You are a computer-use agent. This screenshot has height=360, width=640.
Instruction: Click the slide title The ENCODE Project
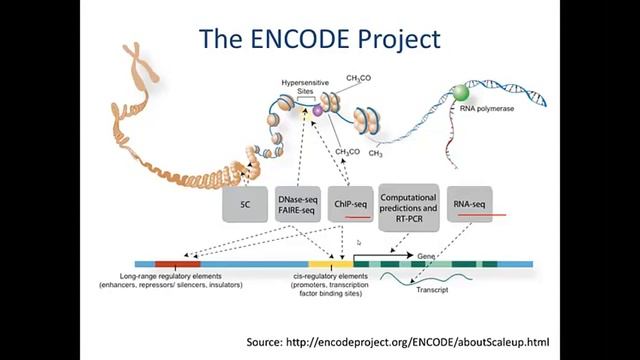tap(320, 39)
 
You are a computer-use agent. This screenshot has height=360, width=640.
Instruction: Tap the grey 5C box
tap(245, 204)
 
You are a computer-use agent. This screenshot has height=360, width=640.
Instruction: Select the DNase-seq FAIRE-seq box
tap(297, 204)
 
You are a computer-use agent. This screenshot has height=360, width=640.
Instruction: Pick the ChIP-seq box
tap(350, 204)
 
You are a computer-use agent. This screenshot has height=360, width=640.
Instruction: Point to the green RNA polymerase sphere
tap(460, 93)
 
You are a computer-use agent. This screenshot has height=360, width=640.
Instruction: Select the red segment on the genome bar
tap(177, 265)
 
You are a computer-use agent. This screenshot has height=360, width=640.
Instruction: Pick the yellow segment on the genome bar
tap(336, 265)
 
